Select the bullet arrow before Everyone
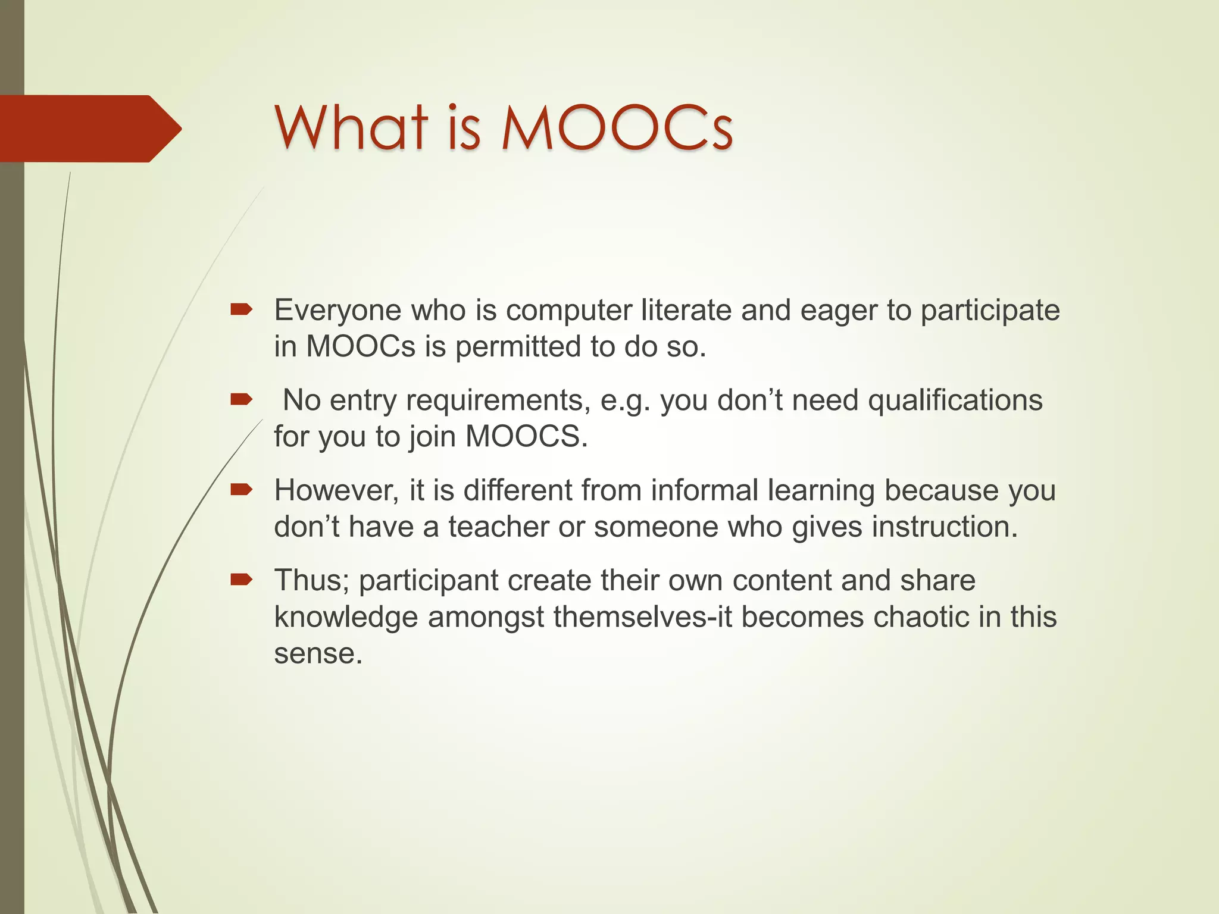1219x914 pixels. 242,309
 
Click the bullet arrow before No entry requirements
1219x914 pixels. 242,399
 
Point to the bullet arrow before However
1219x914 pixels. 242,490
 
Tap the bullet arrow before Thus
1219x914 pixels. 242,580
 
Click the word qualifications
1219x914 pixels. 955,400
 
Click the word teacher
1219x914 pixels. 498,527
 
